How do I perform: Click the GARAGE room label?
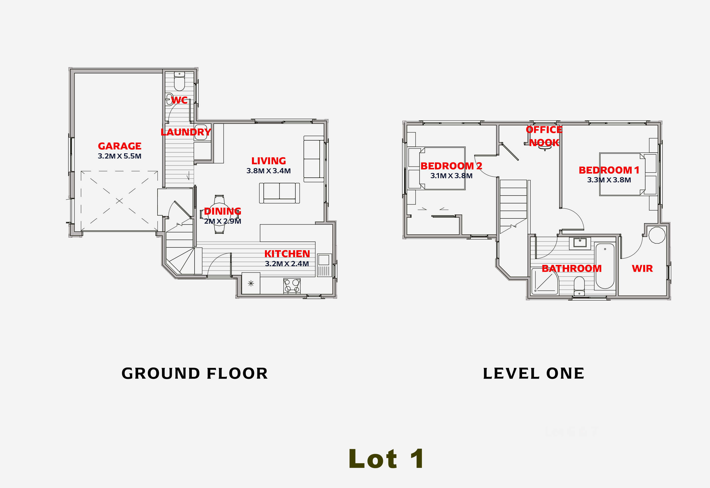click(x=119, y=146)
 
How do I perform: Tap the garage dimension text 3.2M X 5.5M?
click(x=119, y=156)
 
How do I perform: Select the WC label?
click(x=179, y=100)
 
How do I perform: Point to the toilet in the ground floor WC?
click(x=179, y=81)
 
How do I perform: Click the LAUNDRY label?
click(x=186, y=132)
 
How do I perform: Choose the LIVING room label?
click(x=269, y=161)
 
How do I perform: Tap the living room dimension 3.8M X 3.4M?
click(x=269, y=171)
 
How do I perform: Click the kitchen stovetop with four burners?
click(x=292, y=286)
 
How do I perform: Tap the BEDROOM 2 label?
click(x=451, y=166)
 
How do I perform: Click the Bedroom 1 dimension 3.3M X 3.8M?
click(x=609, y=180)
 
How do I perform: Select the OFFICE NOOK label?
click(x=544, y=136)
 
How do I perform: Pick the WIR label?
click(x=642, y=268)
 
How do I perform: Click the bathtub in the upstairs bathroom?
click(x=605, y=266)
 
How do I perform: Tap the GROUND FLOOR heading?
click(x=195, y=373)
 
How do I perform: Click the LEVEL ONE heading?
click(x=533, y=373)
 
